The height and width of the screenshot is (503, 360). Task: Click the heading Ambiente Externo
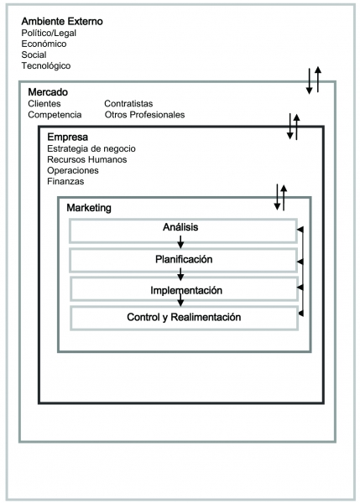pos(62,22)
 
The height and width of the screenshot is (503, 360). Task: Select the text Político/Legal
pos(49,33)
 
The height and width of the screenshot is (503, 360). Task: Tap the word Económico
pos(44,44)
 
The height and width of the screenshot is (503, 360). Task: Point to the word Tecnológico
pos(46,65)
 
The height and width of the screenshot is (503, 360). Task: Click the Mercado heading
pos(48,92)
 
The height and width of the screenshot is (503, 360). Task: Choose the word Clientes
pos(44,104)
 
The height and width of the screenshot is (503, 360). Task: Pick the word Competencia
pos(55,115)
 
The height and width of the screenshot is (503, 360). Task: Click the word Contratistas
pos(128,104)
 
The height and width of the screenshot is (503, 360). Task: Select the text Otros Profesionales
pos(144,115)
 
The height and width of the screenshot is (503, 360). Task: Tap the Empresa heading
pos(67,137)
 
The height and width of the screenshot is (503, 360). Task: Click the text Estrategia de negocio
pos(91,149)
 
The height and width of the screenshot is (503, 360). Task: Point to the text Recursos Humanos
pos(87,159)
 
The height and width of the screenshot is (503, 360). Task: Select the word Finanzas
pos(65,181)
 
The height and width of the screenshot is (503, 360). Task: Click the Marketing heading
pos(89,208)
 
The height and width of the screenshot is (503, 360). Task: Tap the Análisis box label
pos(180,227)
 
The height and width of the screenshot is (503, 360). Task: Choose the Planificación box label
pos(184,259)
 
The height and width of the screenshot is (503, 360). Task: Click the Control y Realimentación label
pos(184,317)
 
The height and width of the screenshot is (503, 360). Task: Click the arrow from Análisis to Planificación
pos(180,242)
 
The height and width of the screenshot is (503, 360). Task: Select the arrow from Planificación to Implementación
pos(180,274)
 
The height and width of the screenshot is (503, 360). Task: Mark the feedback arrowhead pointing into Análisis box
pos(300,230)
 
